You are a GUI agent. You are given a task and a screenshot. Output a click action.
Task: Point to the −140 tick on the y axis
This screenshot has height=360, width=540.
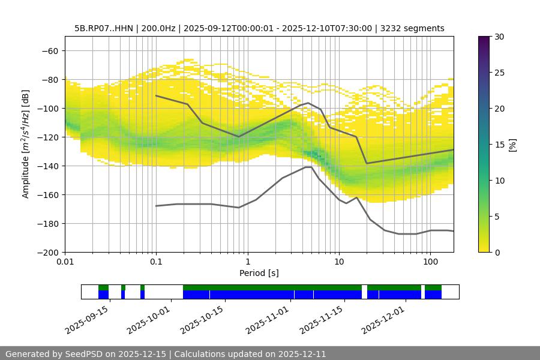[48, 166]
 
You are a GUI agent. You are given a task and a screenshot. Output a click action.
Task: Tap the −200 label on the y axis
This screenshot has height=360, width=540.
[48, 252]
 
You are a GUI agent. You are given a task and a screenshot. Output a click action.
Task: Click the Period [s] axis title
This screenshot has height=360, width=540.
[259, 273]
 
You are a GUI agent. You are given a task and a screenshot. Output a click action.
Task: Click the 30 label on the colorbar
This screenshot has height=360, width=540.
[499, 37]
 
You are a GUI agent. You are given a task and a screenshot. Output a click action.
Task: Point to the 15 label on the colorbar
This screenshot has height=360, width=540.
[499, 145]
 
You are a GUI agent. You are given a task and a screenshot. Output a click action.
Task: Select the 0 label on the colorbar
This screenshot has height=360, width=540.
[497, 252]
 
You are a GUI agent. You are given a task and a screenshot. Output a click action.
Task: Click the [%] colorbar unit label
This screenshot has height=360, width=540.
[512, 145]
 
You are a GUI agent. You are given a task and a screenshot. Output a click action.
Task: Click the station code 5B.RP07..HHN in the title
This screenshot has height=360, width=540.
[104, 28]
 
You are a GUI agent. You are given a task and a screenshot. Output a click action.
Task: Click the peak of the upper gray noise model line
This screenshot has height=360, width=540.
[308, 103]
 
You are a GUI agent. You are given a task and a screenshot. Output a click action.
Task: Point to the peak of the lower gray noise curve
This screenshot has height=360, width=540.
[308, 167]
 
